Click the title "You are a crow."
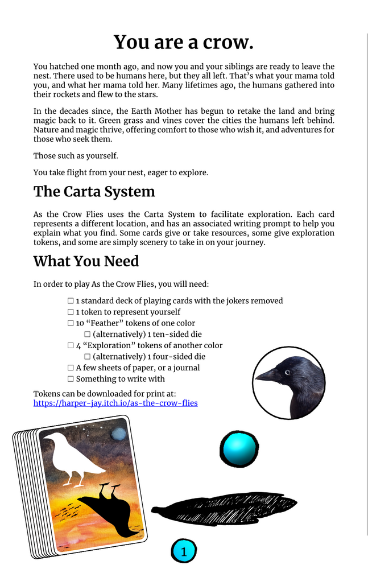184,43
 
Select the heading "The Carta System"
94,191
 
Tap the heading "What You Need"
86,261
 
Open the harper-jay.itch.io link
115,403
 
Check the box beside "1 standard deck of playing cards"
71,301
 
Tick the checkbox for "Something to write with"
71,379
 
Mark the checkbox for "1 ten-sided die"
88,335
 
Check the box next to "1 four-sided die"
88,357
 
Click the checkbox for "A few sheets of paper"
71,368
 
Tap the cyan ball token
239,449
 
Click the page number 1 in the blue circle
184,551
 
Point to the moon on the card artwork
118,434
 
